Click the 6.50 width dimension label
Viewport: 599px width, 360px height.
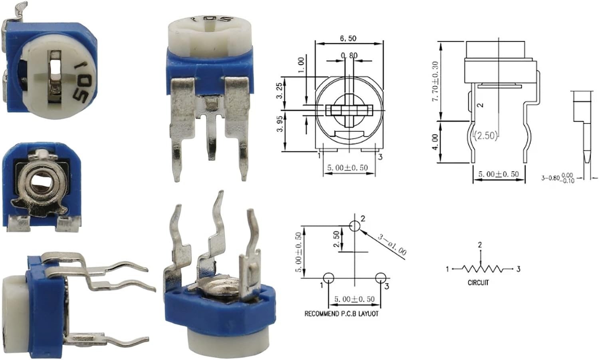coord(348,38)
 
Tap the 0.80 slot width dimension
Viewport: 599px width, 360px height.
coord(349,56)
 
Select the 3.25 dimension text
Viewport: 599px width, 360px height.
coord(279,91)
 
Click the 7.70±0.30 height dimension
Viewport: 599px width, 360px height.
coord(435,81)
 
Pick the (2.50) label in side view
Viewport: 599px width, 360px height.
coord(486,136)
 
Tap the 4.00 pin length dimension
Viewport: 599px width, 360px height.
coord(435,142)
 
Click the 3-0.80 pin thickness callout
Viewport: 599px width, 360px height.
coord(558,178)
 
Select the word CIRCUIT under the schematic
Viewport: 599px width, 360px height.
coord(478,282)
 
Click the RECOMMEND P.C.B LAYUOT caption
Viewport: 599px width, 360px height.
coord(341,313)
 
